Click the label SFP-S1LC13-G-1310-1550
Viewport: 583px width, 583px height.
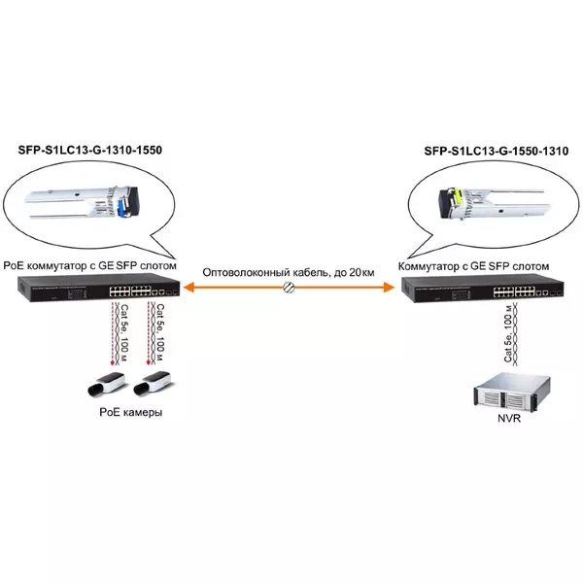point(90,151)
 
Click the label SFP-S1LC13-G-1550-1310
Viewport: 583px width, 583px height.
point(496,151)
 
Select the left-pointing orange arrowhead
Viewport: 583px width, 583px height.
point(189,287)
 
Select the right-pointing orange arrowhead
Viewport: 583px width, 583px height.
point(389,287)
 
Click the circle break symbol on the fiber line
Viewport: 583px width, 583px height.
point(289,287)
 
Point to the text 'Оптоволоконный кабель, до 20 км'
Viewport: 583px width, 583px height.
point(289,272)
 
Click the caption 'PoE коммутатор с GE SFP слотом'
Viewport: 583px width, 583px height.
point(89,266)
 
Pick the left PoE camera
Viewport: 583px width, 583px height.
point(106,384)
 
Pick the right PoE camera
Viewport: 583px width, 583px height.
point(153,383)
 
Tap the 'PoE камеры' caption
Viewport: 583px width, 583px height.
point(131,412)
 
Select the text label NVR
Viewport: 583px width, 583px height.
point(509,418)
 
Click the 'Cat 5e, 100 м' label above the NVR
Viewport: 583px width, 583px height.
point(508,332)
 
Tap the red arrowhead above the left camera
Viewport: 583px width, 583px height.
point(113,361)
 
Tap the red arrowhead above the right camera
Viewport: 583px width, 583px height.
point(148,361)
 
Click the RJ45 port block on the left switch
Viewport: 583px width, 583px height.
point(130,291)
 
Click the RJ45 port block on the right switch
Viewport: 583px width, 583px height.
point(514,291)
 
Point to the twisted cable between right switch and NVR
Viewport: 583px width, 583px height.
point(515,333)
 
